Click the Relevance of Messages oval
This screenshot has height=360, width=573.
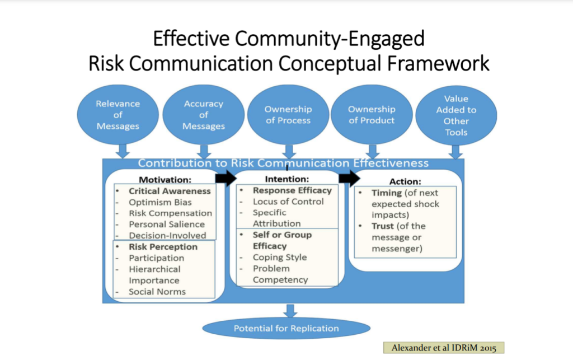click(117, 115)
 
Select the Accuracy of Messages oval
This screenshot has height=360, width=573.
click(203, 115)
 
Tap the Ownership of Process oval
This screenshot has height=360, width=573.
click(288, 115)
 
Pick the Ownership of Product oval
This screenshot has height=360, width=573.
click(372, 115)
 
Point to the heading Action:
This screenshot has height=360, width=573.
click(405, 181)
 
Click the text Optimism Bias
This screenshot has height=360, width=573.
click(160, 202)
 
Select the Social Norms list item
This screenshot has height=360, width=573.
click(157, 292)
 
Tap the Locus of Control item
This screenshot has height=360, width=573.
click(288, 202)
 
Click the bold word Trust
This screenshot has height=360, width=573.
click(383, 226)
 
